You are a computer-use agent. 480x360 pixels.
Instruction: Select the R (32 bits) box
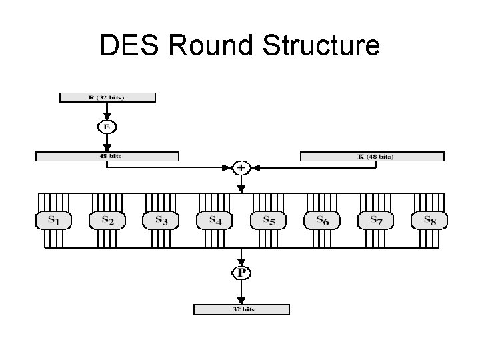click(x=107, y=97)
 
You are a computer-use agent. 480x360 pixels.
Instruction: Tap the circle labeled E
click(x=107, y=126)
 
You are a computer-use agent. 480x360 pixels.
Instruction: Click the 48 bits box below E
click(x=107, y=157)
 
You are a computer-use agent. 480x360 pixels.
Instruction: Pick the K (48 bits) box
click(x=372, y=157)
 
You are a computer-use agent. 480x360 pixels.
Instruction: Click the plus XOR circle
click(x=241, y=167)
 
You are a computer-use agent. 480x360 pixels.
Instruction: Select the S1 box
click(x=52, y=220)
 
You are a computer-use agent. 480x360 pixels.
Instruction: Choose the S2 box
click(x=107, y=220)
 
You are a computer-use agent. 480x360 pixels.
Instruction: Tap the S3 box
click(x=161, y=220)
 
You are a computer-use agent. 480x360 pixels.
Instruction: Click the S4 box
click(x=215, y=220)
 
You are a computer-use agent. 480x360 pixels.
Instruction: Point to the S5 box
click(x=268, y=220)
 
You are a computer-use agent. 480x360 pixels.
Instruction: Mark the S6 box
click(x=322, y=220)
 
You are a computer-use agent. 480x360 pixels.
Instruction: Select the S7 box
click(x=376, y=220)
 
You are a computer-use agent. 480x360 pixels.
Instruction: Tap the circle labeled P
click(x=241, y=273)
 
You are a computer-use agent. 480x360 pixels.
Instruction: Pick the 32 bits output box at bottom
click(x=241, y=309)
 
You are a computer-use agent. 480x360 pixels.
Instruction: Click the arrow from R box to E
click(x=107, y=111)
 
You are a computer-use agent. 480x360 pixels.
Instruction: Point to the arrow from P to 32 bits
click(x=241, y=292)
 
